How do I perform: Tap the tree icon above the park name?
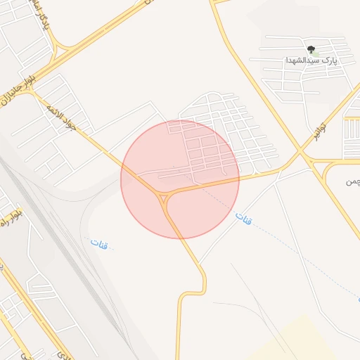(311, 49)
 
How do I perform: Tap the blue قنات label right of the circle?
(244, 219)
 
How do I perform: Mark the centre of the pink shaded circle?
(180, 179)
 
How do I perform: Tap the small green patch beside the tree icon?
(316, 53)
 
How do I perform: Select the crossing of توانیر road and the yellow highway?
(301, 153)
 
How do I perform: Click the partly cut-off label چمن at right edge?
(352, 182)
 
